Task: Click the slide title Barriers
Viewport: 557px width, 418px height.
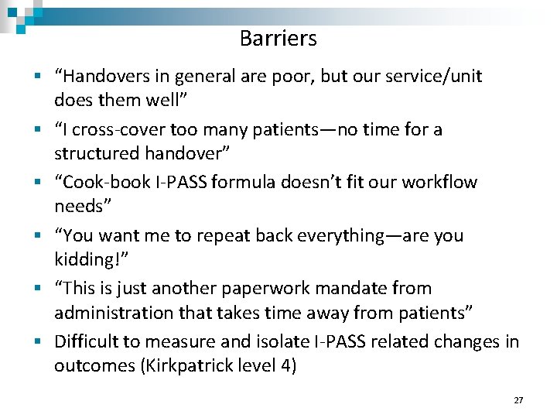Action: click(278, 38)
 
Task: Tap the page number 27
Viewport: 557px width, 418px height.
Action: click(518, 400)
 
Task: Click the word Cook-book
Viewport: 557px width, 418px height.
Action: click(100, 182)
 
